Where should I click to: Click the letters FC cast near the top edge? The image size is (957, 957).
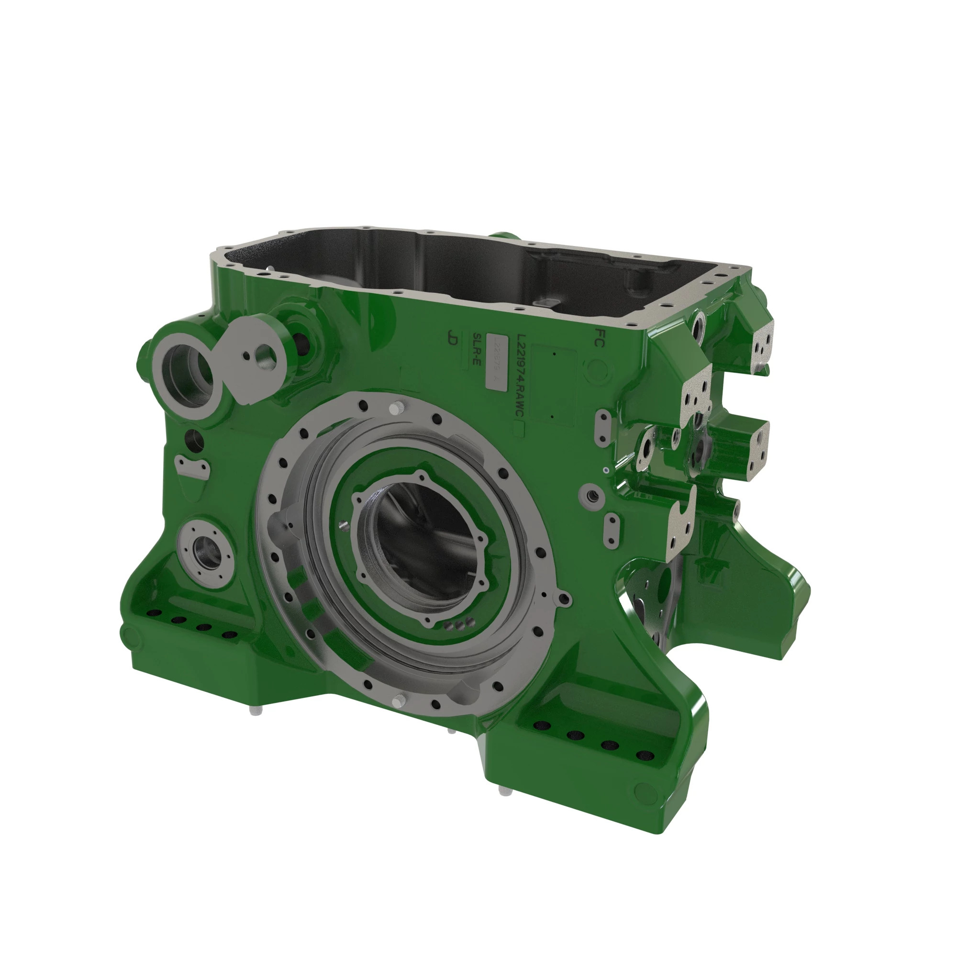599,337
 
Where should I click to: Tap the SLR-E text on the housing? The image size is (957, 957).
477,349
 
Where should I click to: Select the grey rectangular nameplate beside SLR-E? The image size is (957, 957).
497,362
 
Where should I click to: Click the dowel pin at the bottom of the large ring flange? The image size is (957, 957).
398,701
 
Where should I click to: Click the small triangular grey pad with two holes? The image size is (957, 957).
192,466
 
